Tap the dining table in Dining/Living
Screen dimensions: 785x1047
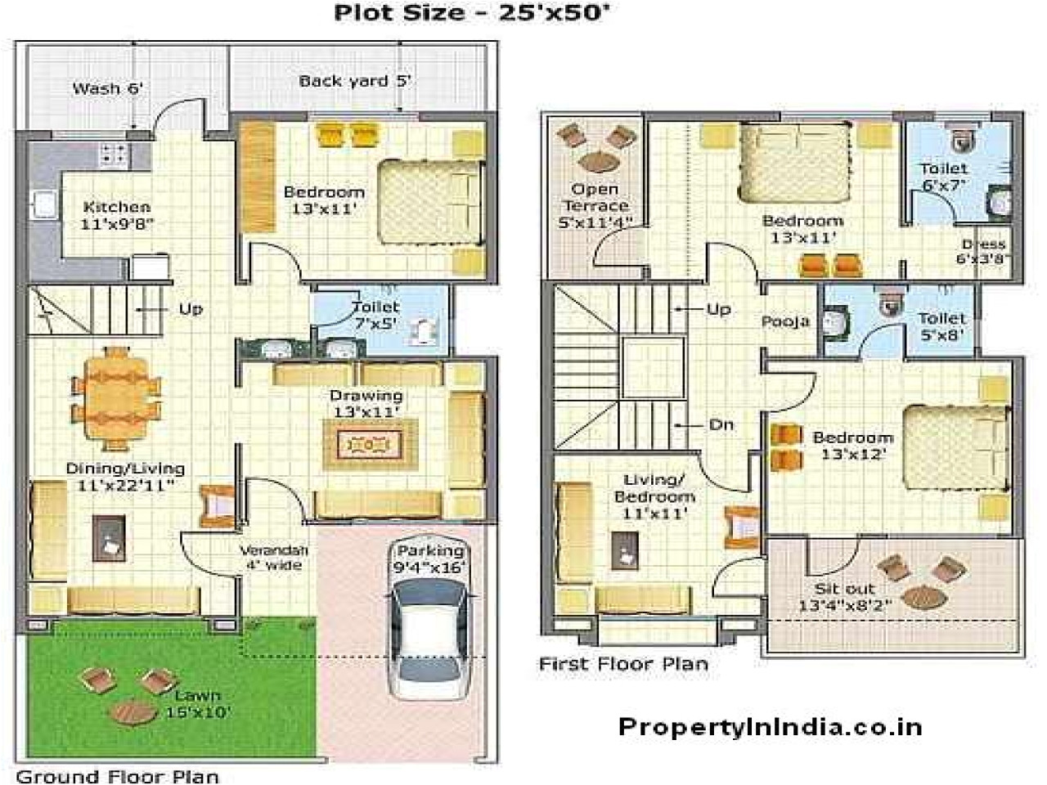click(116, 398)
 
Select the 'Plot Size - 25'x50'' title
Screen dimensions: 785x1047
click(472, 12)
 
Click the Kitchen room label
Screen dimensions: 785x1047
click(116, 215)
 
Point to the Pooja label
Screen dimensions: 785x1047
click(785, 321)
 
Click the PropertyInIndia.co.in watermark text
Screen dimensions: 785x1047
click(770, 727)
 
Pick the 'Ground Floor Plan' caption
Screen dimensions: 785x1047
click(118, 775)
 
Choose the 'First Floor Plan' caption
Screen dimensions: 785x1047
click(623, 663)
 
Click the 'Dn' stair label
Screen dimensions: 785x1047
click(721, 424)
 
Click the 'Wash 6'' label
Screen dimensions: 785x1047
click(108, 87)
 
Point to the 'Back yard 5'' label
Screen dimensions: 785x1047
click(354, 80)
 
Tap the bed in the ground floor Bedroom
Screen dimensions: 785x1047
click(429, 202)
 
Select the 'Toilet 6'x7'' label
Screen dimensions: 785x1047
click(943, 176)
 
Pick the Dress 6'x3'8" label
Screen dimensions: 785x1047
click(982, 251)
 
